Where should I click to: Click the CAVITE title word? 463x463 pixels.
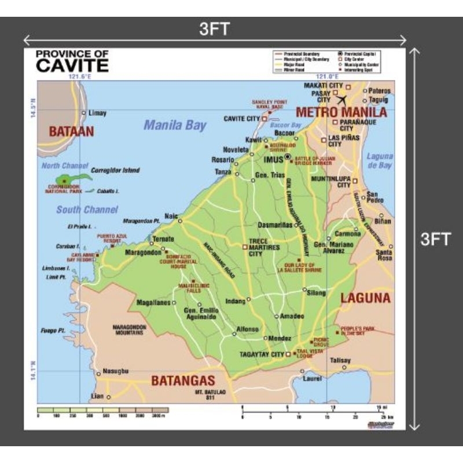72,65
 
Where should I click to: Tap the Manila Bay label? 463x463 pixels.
175,125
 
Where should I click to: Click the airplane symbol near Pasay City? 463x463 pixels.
341,100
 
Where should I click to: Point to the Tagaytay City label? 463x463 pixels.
262,354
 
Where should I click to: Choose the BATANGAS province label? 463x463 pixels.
183,381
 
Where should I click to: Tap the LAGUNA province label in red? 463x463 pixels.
365,298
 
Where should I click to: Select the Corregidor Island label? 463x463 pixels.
115,171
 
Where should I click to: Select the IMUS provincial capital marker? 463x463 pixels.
288,157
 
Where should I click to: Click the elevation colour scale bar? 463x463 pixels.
103,410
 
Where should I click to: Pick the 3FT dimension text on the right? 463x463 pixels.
435,239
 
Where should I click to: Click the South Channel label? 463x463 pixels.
87,210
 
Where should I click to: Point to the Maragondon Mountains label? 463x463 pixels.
129,330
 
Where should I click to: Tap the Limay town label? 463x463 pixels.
97,113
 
